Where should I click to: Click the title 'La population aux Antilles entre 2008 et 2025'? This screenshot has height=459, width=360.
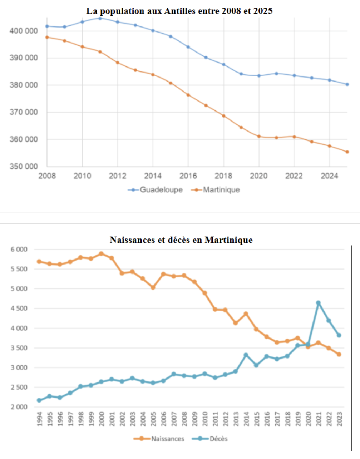point(179,11)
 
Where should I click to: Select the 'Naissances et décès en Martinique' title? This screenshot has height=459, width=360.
point(181,240)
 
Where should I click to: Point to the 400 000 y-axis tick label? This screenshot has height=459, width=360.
point(24,31)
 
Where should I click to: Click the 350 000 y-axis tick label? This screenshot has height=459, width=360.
point(24,166)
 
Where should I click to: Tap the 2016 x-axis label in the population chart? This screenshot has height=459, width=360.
point(188,176)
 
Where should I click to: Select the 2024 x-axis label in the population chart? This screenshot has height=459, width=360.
point(329,176)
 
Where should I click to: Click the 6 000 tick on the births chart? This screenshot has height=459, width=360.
point(19,250)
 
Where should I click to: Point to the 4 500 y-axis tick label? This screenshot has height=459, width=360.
point(19,309)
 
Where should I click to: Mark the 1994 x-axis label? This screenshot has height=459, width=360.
point(39,418)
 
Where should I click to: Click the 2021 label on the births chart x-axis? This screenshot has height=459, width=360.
point(319,418)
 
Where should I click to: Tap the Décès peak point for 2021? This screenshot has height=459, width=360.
point(318,303)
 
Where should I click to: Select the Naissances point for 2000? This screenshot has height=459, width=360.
point(101,254)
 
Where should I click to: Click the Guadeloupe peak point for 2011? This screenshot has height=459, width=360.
point(100,18)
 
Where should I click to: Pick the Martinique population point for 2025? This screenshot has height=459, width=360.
point(347,152)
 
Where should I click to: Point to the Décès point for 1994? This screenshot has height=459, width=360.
point(39,400)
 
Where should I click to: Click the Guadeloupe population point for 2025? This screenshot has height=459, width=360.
point(347,84)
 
